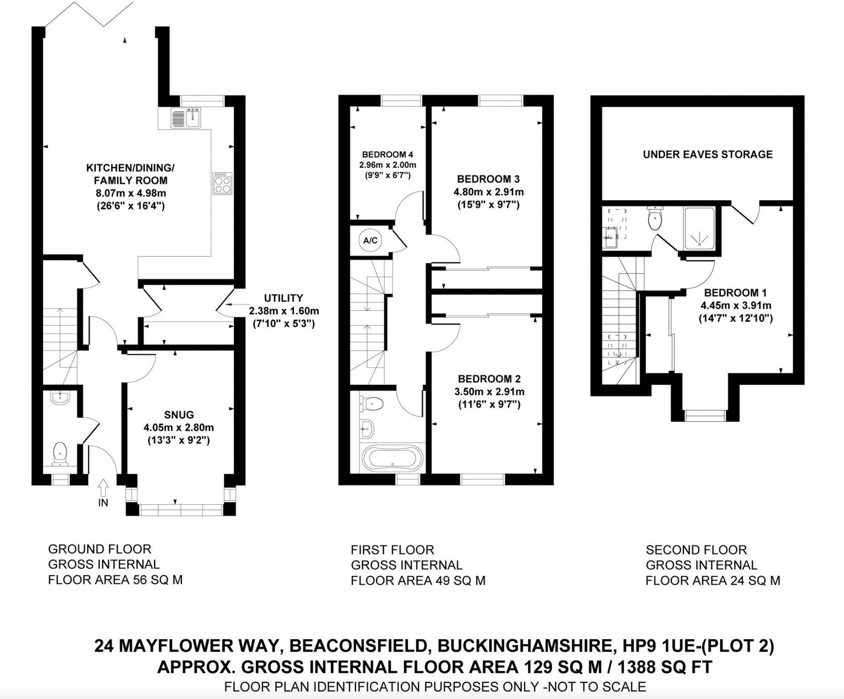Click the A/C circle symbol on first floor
click(x=370, y=241)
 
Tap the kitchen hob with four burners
click(x=222, y=183)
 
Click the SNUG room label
click(x=179, y=415)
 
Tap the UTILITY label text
click(x=283, y=298)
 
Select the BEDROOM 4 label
click(x=387, y=154)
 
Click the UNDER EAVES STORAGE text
click(x=708, y=154)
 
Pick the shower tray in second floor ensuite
click(x=699, y=228)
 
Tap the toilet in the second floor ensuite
click(x=655, y=219)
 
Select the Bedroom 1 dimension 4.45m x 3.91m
click(x=736, y=305)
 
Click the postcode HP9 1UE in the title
click(x=657, y=646)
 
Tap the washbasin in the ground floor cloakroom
click(x=60, y=397)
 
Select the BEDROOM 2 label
click(x=489, y=379)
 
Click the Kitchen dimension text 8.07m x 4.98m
click(x=131, y=193)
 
